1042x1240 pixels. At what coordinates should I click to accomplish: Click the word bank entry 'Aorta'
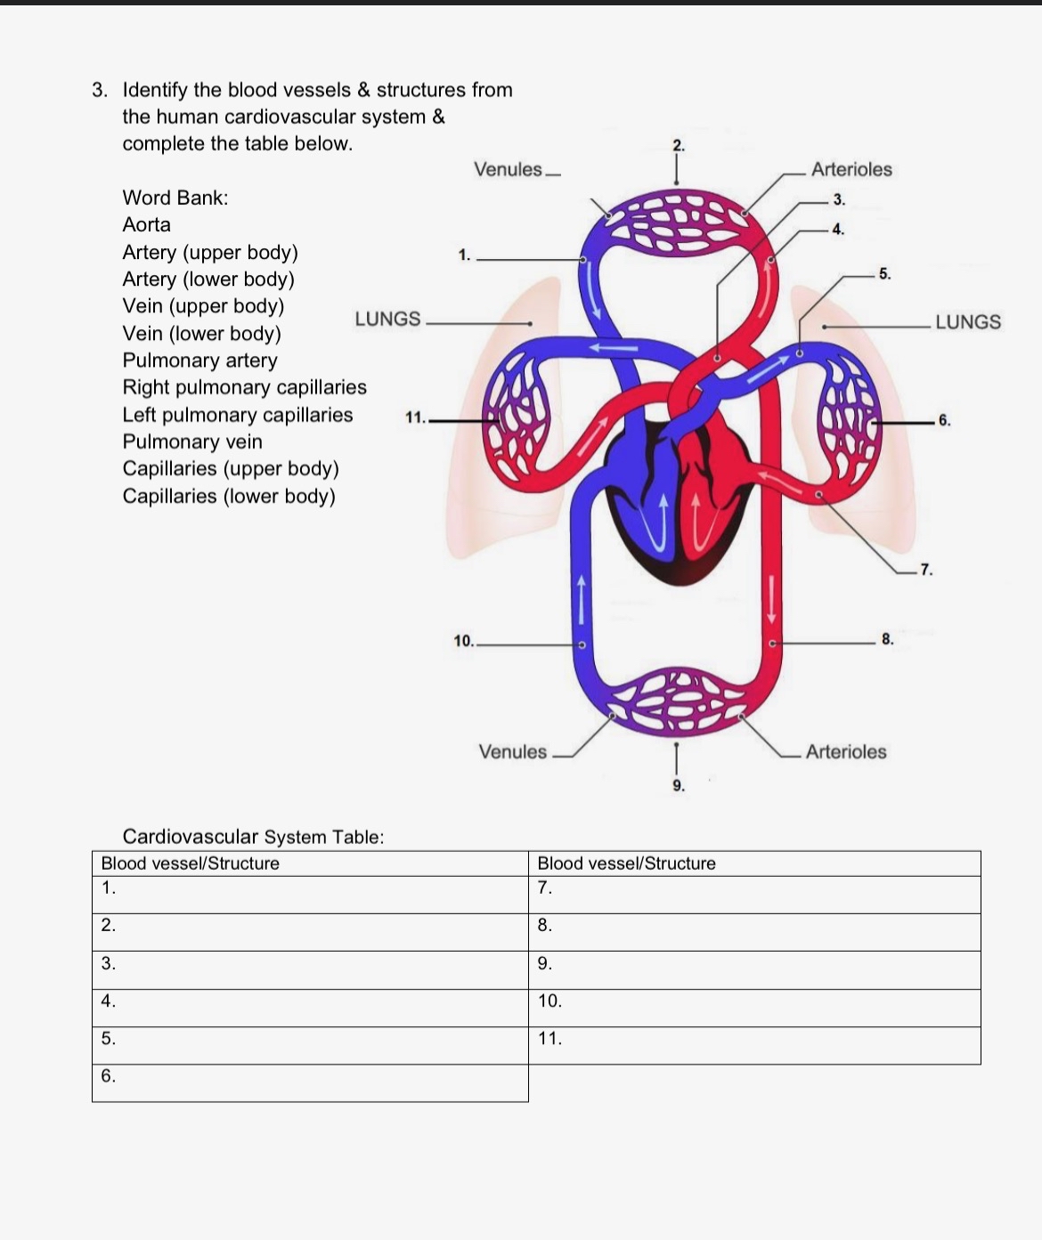(x=146, y=224)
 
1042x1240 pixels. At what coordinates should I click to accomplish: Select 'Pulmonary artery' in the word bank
(x=199, y=361)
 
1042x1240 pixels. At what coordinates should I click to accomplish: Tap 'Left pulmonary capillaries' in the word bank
(x=237, y=415)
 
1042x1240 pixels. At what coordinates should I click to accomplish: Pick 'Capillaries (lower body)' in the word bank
(x=229, y=496)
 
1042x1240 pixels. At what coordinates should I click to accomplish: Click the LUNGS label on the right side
(x=967, y=322)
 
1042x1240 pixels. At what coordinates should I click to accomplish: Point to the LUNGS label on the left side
(x=387, y=319)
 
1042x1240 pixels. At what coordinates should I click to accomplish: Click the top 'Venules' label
(x=508, y=169)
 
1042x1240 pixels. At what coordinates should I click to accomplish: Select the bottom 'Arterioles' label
(x=845, y=751)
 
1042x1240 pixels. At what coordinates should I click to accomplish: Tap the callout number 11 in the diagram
(x=415, y=417)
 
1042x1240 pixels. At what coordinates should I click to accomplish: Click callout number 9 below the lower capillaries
(x=679, y=785)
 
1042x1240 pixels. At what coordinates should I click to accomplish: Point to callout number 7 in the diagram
(x=926, y=570)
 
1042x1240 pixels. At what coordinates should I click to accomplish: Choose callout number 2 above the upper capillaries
(x=679, y=145)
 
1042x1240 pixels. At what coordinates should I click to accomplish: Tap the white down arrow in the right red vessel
(x=771, y=599)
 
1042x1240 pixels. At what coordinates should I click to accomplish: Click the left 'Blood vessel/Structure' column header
(x=191, y=863)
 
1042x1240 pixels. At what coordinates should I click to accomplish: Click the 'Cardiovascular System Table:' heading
(x=253, y=837)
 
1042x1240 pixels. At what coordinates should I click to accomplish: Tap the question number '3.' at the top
(x=101, y=90)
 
